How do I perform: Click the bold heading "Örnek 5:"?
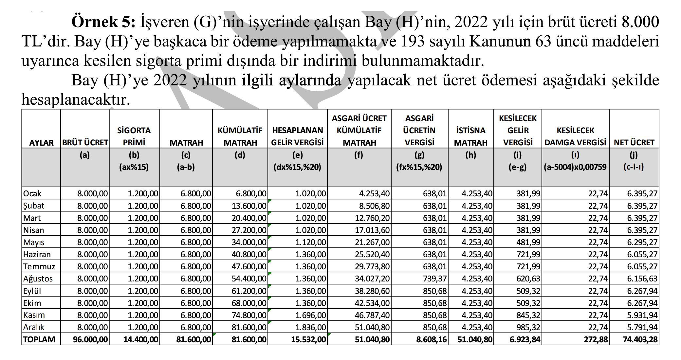(103, 22)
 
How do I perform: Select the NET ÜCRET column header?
(634, 142)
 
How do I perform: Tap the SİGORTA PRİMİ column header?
(134, 136)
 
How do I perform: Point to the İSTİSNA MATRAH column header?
(470, 136)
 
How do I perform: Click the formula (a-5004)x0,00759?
(575, 167)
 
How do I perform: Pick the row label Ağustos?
(38, 279)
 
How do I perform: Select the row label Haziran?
(37, 255)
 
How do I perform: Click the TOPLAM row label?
(39, 339)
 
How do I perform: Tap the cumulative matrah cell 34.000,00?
(249, 243)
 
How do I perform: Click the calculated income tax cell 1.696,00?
(310, 315)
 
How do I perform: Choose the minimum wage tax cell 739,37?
(434, 279)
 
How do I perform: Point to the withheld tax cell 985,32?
(528, 327)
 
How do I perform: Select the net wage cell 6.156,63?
(642, 279)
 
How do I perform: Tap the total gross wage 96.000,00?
(90, 339)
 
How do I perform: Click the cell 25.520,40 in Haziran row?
(372, 255)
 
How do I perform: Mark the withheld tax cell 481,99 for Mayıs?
(528, 243)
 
